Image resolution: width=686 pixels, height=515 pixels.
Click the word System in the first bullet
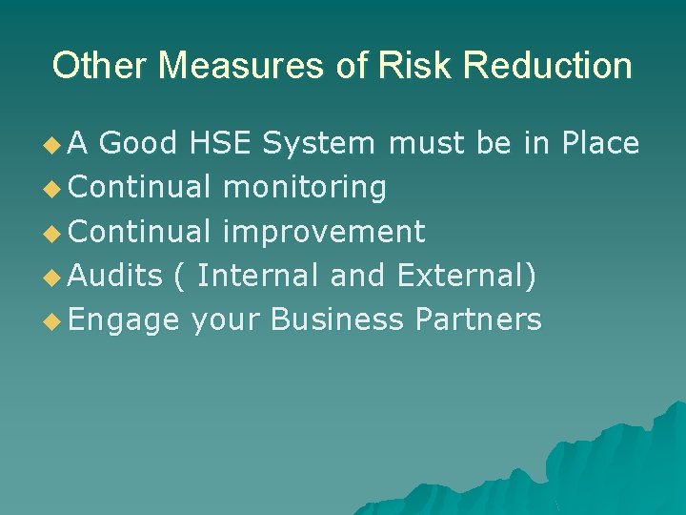pos(318,143)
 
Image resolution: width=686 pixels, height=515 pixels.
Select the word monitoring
pos(304,187)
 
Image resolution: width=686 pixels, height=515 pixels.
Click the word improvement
pos(323,231)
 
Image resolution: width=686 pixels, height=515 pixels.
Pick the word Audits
pos(116,276)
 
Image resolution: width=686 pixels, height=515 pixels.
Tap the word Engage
pos(125,319)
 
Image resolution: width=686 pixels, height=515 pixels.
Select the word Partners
pos(478,319)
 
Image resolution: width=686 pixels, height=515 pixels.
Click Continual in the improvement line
pos(140,231)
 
